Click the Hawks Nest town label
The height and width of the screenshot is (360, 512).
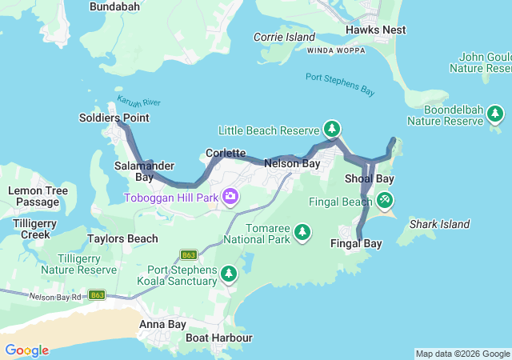[375, 30]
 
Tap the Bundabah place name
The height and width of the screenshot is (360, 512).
[114, 6]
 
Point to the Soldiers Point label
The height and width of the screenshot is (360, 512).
[114, 118]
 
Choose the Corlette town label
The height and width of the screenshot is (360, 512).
[225, 152]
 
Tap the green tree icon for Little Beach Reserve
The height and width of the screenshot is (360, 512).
[332, 128]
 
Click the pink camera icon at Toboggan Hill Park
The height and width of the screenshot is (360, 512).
[230, 196]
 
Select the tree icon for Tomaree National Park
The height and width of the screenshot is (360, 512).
[302, 232]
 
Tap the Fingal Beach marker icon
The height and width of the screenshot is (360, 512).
[386, 198]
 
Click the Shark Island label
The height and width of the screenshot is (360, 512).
[439, 224]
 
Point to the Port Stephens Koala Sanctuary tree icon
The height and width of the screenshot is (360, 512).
[230, 274]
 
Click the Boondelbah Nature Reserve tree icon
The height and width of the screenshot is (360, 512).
[495, 114]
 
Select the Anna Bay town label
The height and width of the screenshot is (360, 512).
[162, 324]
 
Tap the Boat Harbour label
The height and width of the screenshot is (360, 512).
[218, 338]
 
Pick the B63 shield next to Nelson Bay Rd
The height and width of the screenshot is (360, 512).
[97, 295]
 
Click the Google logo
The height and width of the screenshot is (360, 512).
[26, 350]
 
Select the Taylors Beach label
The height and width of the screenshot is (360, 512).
[122, 238]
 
